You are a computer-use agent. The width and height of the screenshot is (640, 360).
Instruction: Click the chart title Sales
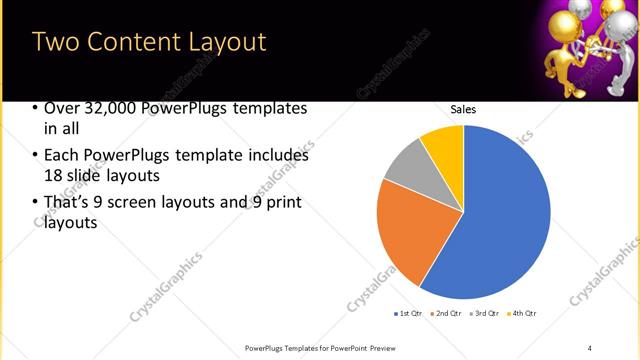pyautogui.click(x=463, y=109)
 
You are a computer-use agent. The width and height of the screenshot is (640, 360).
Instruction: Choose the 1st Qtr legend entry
pyautogui.click(x=411, y=314)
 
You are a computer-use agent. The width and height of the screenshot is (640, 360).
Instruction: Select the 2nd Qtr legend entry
pyautogui.click(x=446, y=314)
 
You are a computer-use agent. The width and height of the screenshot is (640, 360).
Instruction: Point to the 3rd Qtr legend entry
pyautogui.click(x=484, y=314)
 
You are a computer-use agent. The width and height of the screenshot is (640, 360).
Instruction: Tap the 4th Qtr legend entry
pyautogui.click(x=521, y=314)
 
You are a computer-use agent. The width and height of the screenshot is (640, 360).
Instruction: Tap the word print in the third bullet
pyautogui.click(x=284, y=202)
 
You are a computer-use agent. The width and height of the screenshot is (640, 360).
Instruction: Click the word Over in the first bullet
pyautogui.click(x=63, y=109)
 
